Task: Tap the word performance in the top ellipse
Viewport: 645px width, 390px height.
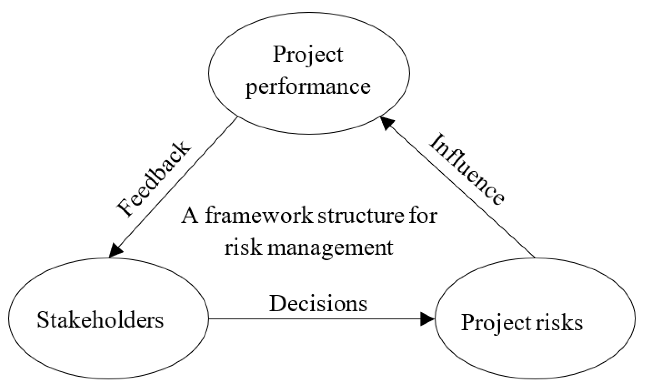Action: coord(308,86)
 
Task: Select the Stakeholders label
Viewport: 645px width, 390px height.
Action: coord(100,320)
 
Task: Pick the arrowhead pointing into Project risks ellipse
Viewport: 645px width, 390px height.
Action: coord(427,319)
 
